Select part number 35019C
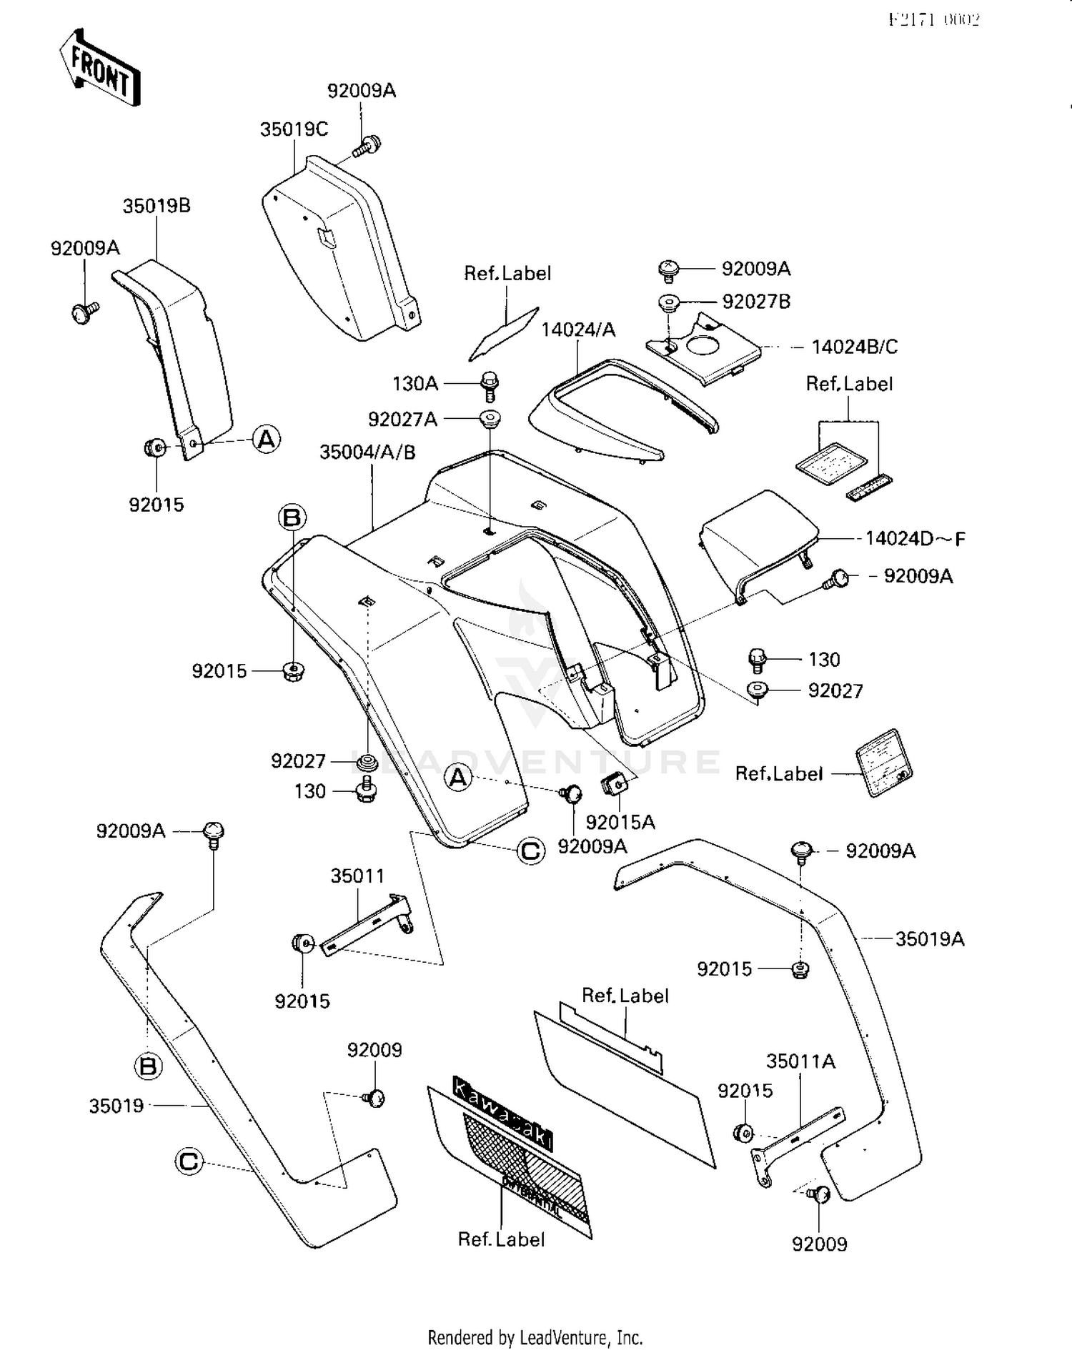tap(294, 129)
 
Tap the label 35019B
tap(157, 206)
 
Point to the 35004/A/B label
tap(367, 452)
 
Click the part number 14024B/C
tap(854, 347)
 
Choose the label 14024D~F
tap(915, 538)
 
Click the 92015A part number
tap(620, 822)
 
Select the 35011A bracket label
tap(800, 1061)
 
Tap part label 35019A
tap(930, 938)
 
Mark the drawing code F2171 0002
tap(934, 19)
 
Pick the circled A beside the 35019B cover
tap(267, 438)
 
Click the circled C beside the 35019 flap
tap(189, 1161)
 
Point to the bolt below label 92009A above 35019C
tap(367, 146)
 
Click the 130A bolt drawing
tap(490, 385)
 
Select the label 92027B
tap(756, 302)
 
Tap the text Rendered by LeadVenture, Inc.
tap(535, 1337)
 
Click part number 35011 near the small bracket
tap(357, 876)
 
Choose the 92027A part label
tap(402, 419)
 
